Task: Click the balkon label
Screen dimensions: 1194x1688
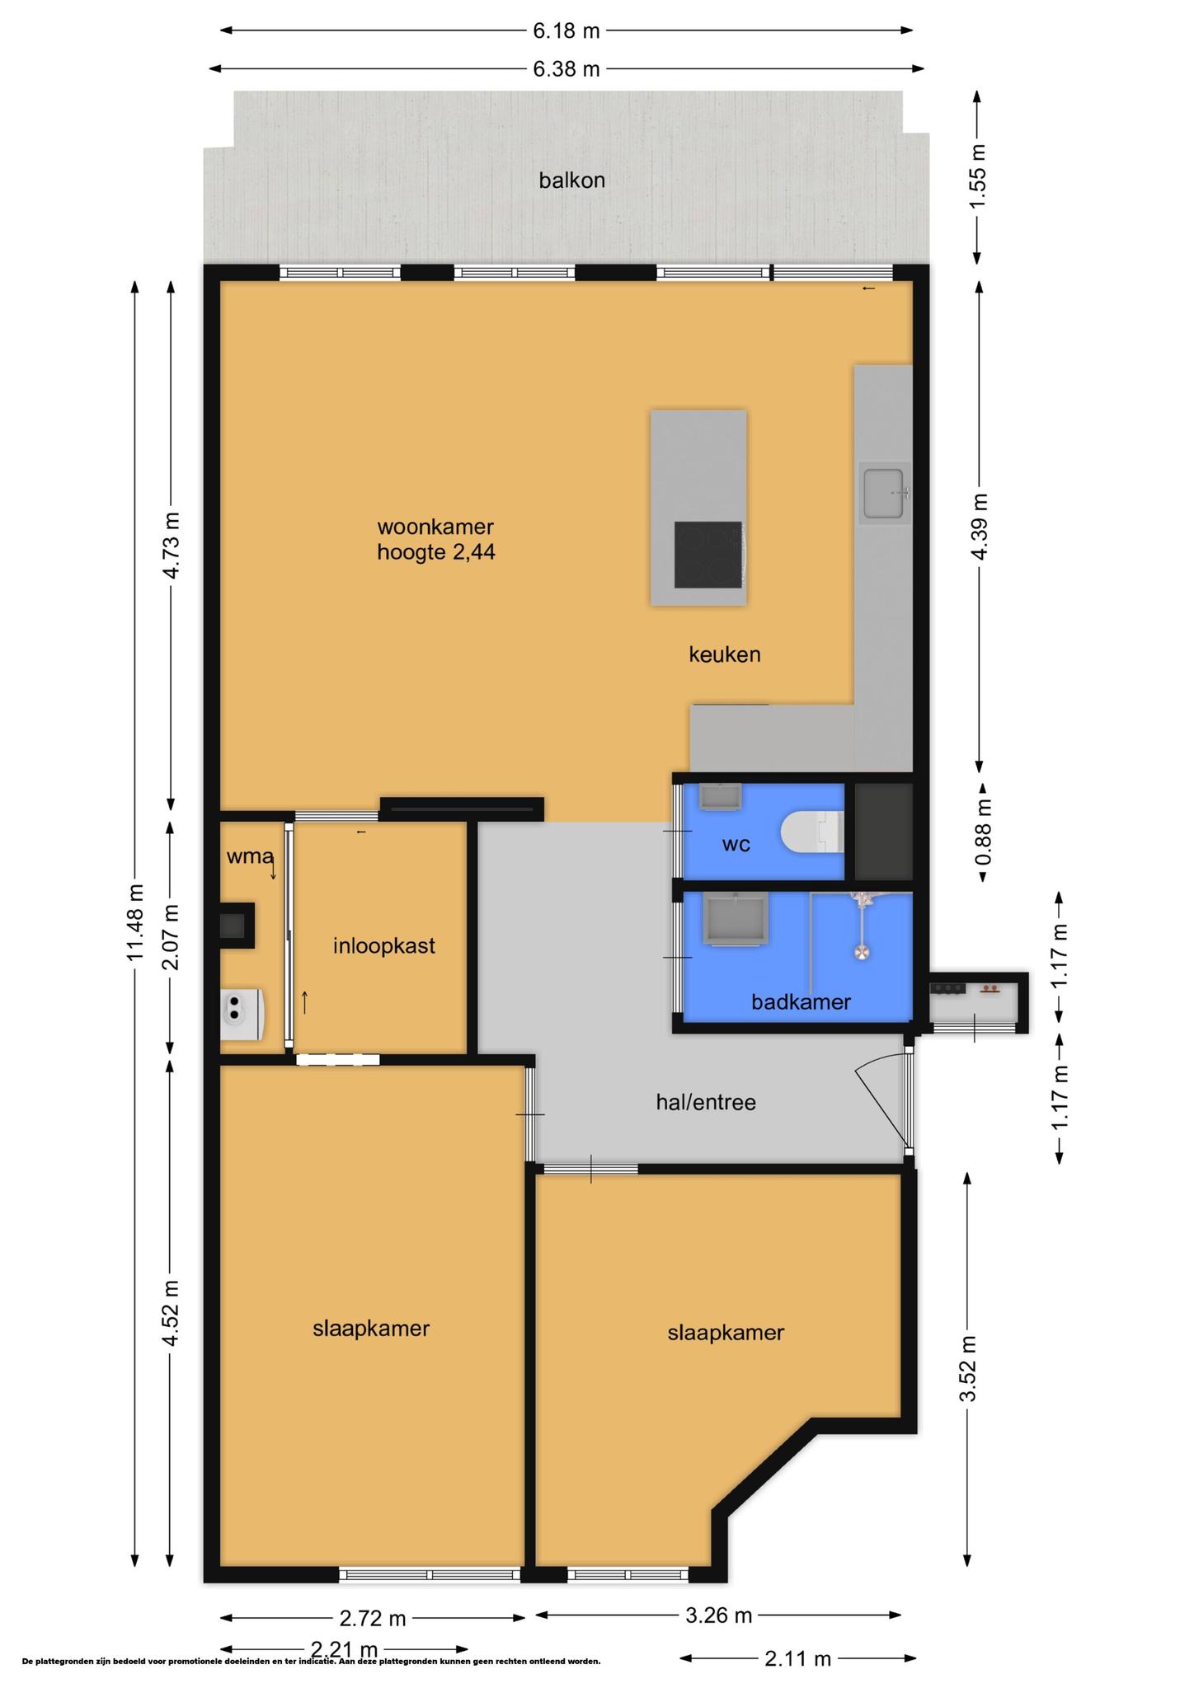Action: [571, 180]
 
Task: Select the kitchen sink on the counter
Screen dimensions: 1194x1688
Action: [885, 493]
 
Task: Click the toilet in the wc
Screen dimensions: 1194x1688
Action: [813, 832]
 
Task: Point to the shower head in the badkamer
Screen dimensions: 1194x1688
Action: [862, 953]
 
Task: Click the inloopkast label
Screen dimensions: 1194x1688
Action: [384, 945]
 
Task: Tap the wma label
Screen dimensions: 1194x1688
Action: [250, 856]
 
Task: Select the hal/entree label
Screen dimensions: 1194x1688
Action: [706, 1102]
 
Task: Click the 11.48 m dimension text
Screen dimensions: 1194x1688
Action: [134, 922]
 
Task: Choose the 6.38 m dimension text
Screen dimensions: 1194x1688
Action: [566, 69]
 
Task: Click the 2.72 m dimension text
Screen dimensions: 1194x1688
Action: [373, 1618]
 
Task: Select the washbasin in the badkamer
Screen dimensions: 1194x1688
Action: [735, 918]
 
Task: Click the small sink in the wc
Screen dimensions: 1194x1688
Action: [720, 796]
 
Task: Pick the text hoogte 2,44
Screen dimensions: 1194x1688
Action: [436, 551]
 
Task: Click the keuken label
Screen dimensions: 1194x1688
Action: [725, 654]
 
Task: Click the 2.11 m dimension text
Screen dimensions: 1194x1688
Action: [797, 1658]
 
